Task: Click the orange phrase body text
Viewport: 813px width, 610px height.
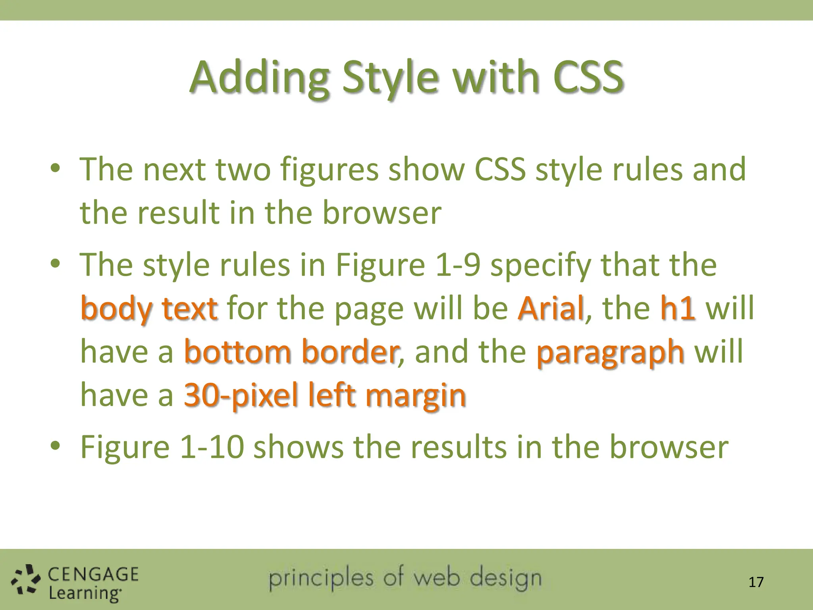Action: pyautogui.click(x=149, y=309)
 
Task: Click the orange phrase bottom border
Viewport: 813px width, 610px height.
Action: pyautogui.click(x=292, y=352)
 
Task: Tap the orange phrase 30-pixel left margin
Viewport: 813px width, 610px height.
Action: pyautogui.click(x=325, y=396)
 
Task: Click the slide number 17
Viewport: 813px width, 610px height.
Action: pyautogui.click(x=756, y=582)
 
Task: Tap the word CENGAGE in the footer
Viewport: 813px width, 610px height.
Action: pyautogui.click(x=93, y=574)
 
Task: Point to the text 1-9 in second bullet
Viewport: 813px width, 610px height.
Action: pyautogui.click(x=458, y=265)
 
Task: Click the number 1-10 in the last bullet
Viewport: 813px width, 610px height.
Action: pyautogui.click(x=212, y=447)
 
